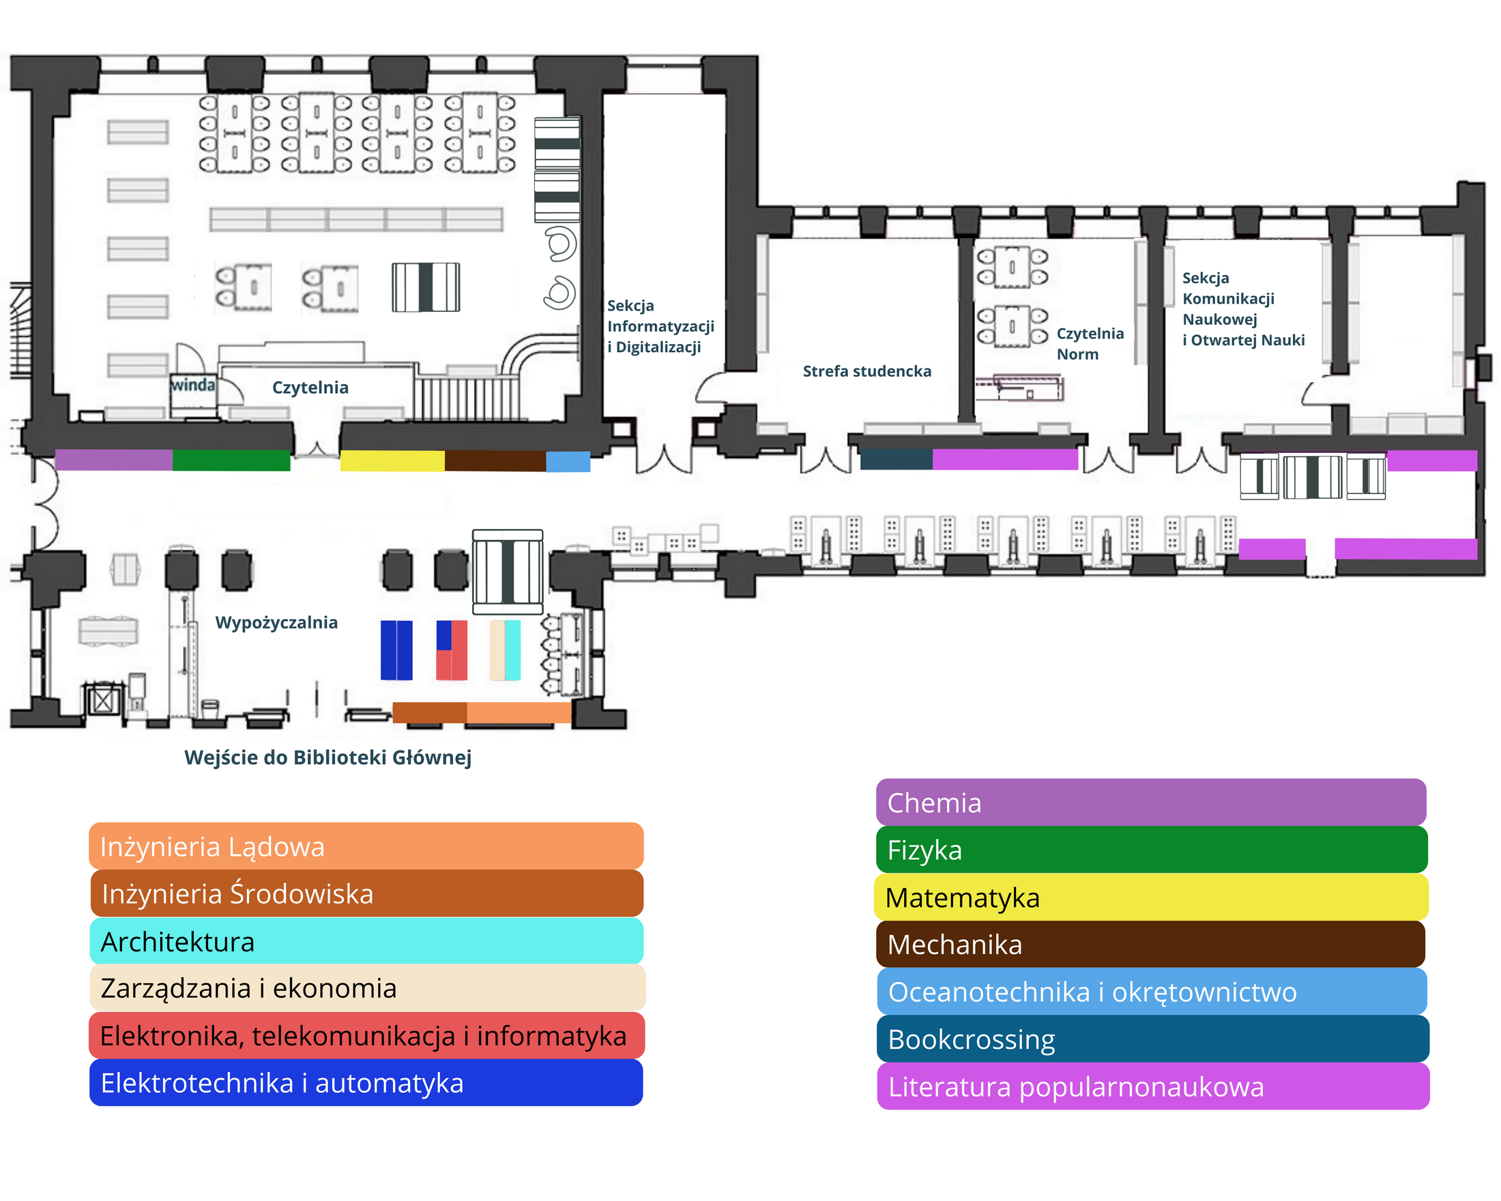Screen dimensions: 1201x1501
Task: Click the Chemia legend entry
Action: click(1150, 802)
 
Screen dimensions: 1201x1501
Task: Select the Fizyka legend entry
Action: click(1150, 850)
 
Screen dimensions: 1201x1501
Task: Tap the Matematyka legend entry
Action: click(1150, 897)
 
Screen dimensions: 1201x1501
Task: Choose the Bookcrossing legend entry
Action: click(1150, 1039)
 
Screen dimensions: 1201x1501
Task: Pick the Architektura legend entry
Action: click(366, 941)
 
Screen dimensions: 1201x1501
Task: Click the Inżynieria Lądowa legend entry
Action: click(366, 847)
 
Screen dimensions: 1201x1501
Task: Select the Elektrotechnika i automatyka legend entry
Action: click(366, 1084)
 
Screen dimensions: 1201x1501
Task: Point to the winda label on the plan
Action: click(193, 384)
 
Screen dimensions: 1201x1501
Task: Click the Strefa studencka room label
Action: click(866, 371)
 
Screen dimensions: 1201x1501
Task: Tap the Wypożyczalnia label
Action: click(276, 622)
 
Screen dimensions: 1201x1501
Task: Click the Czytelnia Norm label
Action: click(1090, 343)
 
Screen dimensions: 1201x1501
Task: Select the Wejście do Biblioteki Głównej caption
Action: click(328, 757)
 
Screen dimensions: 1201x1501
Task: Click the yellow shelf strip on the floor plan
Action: click(392, 461)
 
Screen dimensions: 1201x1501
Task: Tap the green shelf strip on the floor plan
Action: click(231, 460)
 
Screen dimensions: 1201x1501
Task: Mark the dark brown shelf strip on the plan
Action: click(495, 461)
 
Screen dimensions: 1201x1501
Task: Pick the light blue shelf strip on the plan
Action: click(568, 461)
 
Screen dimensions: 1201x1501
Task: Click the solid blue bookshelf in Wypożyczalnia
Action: click(396, 650)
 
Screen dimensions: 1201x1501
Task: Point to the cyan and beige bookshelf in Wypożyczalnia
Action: click(506, 650)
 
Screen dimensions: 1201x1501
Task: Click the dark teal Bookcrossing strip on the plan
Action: click(896, 459)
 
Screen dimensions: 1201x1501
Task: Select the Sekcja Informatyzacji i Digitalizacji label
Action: click(660, 325)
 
